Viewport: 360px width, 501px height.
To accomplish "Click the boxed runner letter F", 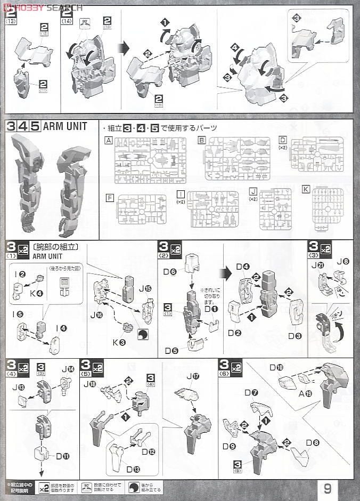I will tap(110, 198).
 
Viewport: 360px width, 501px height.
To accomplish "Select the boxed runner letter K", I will tap(305, 189).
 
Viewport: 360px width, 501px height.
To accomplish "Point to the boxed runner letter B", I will tap(201, 141).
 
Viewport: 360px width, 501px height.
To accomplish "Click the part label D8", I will tap(313, 442).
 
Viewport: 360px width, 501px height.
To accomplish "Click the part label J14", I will tap(68, 368).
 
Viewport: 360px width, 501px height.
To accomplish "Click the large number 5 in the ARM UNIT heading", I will tap(34, 126).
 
